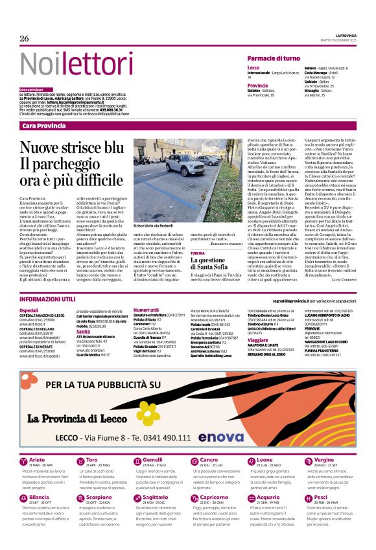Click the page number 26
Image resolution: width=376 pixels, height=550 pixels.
pyautogui.click(x=25, y=38)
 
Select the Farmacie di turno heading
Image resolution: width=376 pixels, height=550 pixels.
pyautogui.click(x=278, y=58)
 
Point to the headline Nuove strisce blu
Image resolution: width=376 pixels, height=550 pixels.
pyautogui.click(x=71, y=147)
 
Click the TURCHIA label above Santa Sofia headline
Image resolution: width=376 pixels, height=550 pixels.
pyautogui.click(x=198, y=253)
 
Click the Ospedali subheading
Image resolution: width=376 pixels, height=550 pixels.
pyautogui.click(x=29, y=310)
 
